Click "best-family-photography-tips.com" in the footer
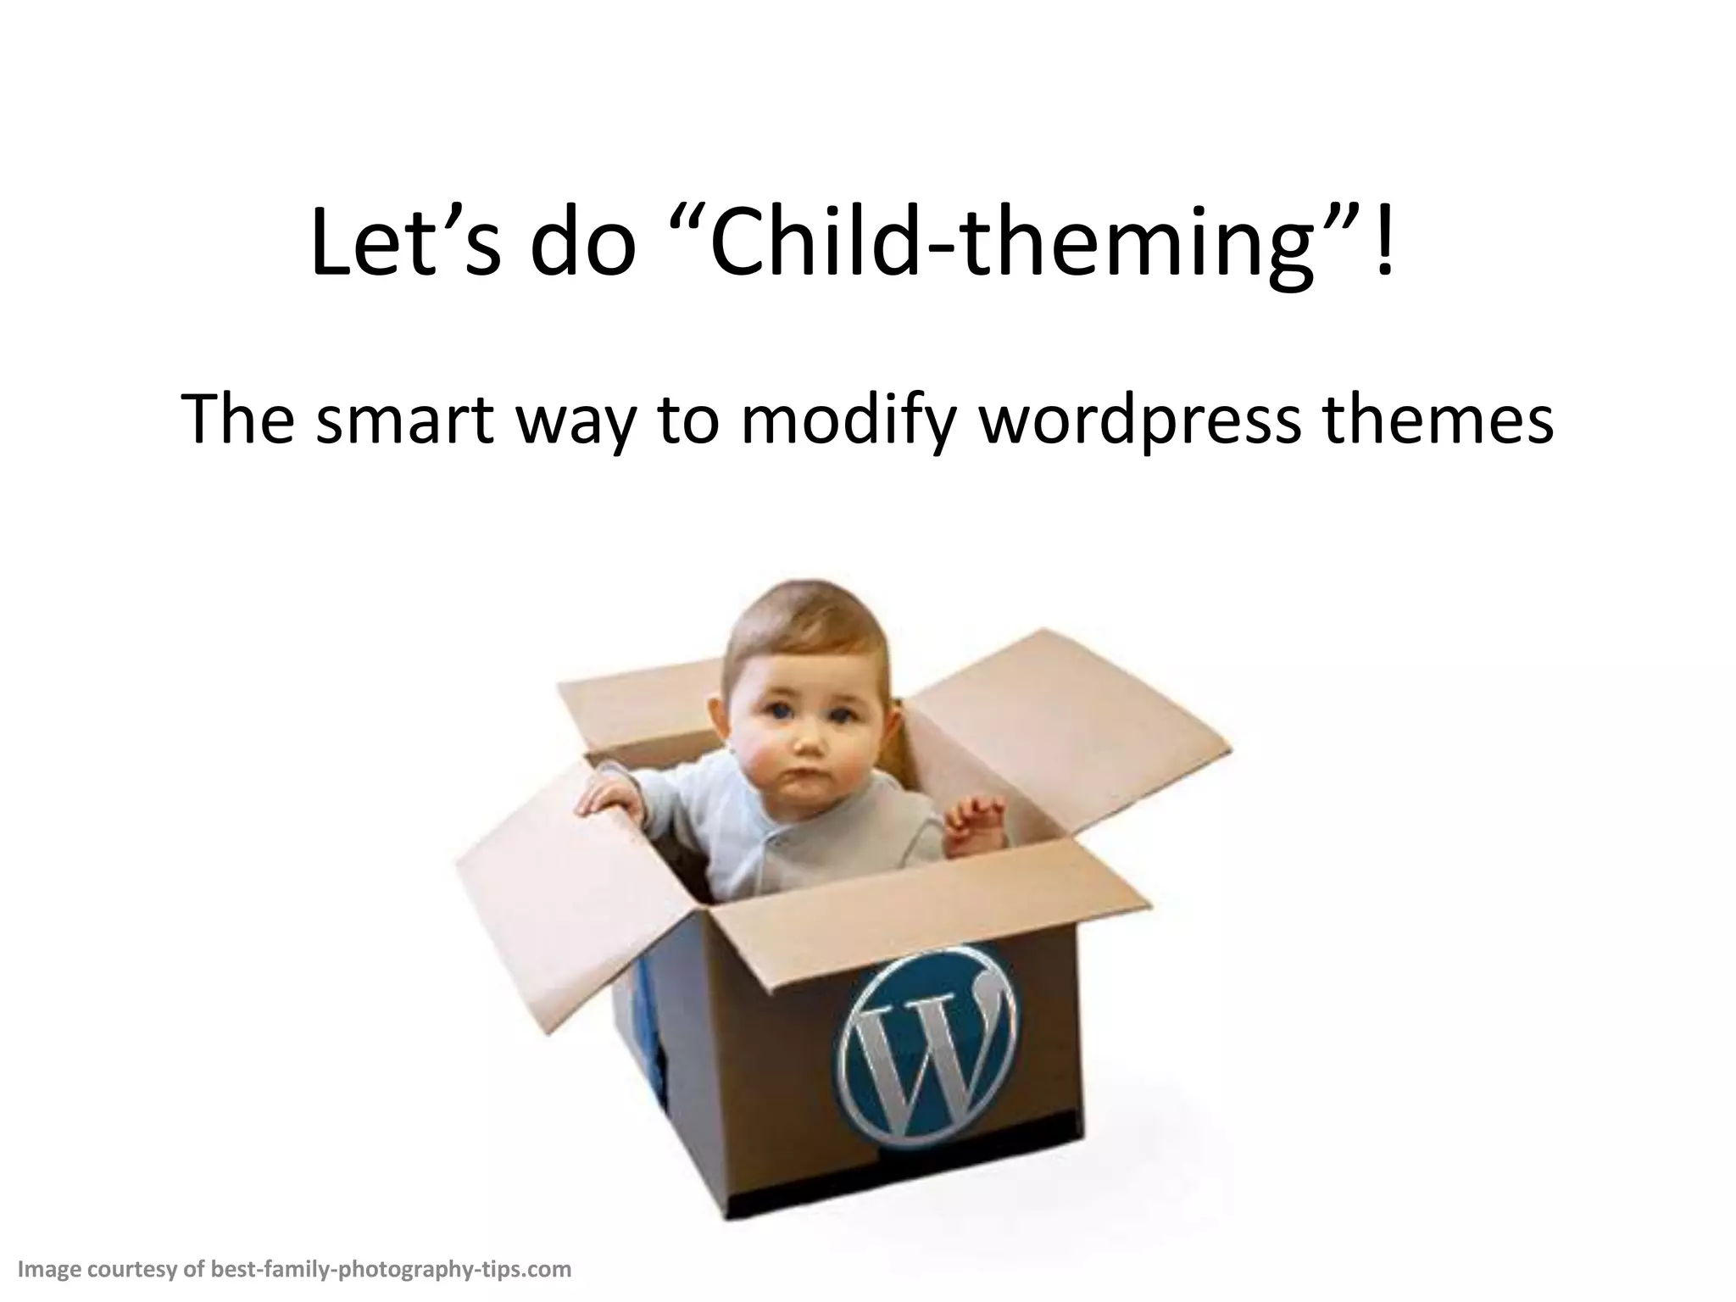[x=391, y=1269]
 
